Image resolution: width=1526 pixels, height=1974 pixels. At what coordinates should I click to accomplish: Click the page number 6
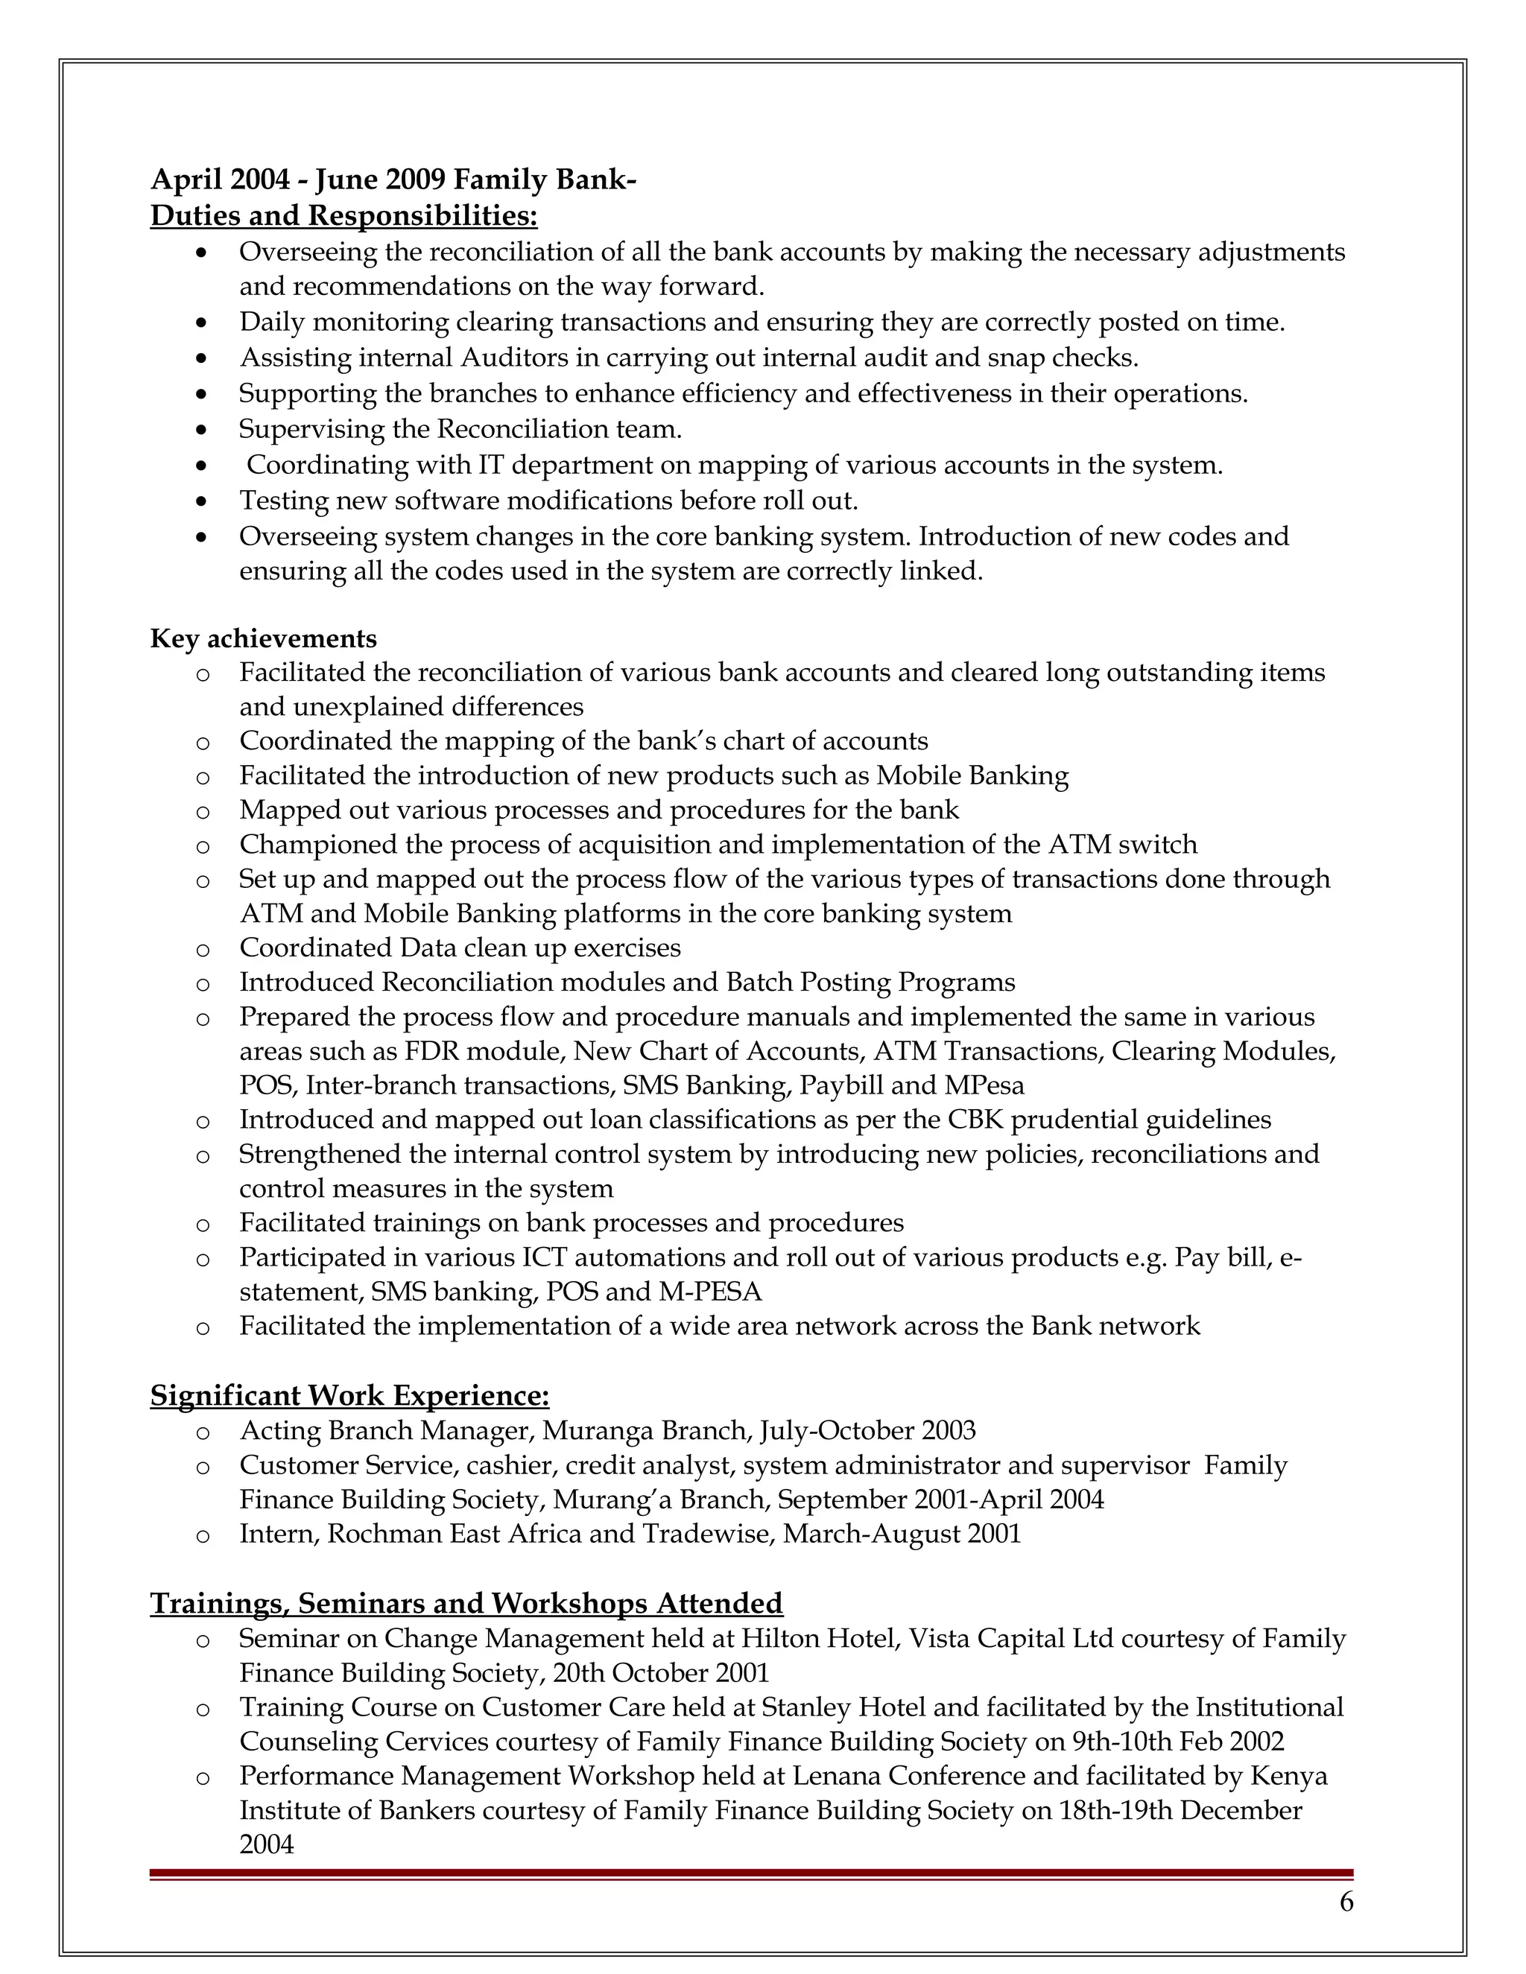[x=1346, y=1902]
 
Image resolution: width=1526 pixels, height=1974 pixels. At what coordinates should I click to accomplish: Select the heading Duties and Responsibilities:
[x=343, y=216]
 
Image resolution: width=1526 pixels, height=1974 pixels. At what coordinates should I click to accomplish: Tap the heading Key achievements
[x=263, y=638]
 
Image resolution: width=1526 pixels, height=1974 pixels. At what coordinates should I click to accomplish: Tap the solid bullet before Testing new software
[x=202, y=501]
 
